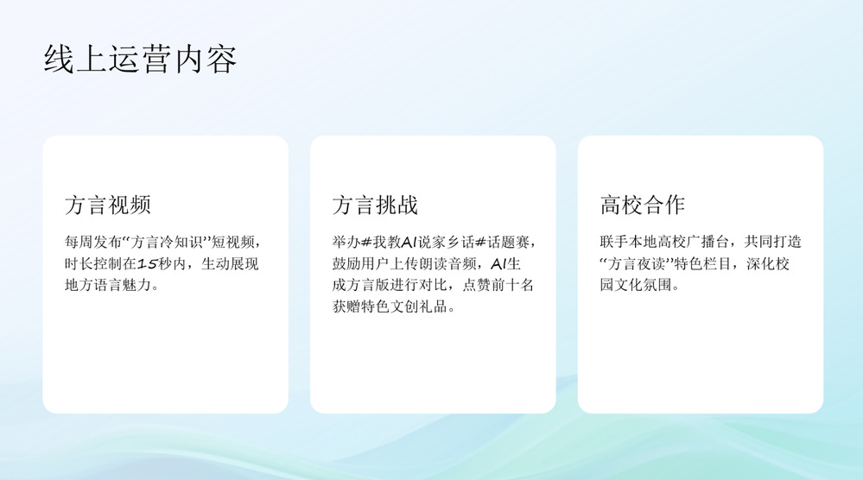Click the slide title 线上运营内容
tap(140, 60)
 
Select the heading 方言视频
tap(108, 205)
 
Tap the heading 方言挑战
tap(376, 205)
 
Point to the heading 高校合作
tap(643, 205)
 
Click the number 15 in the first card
tap(148, 264)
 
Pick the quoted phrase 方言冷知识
tap(166, 242)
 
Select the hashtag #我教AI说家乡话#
tap(423, 242)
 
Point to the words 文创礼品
tap(419, 306)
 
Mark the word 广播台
tap(708, 242)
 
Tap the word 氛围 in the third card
tap(657, 285)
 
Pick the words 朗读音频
tap(448, 264)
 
